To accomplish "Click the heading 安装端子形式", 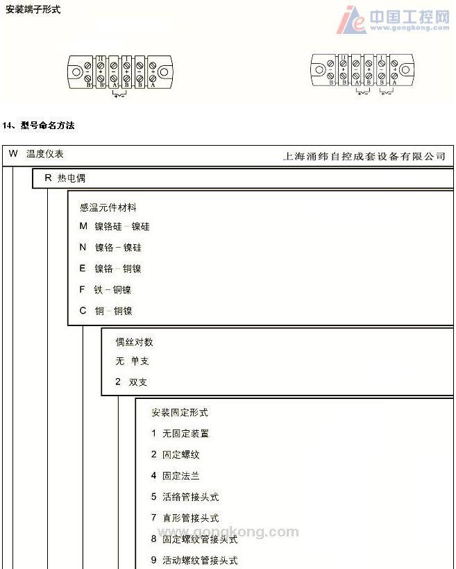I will coord(33,10).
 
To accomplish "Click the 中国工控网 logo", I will coord(393,19).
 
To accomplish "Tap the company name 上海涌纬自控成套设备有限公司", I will coord(364,157).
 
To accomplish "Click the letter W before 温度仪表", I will coord(13,154).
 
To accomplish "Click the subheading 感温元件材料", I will coord(108,207).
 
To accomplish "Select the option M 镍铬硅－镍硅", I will coord(115,226).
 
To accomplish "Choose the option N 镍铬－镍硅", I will coord(110,248).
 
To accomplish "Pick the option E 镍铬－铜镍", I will coord(110,269).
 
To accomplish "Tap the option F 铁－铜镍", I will coord(105,290).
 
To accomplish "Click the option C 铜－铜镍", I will coord(105,311).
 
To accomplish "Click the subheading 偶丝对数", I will coord(135,342).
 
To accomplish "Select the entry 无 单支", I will coord(132,362).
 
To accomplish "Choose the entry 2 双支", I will coord(131,382).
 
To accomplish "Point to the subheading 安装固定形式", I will coord(180,413).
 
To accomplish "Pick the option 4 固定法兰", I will coord(175,476).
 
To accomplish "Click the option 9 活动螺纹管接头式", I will coord(194,561).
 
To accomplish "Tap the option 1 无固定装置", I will coord(180,434).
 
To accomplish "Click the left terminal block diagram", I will coord(119,72).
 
